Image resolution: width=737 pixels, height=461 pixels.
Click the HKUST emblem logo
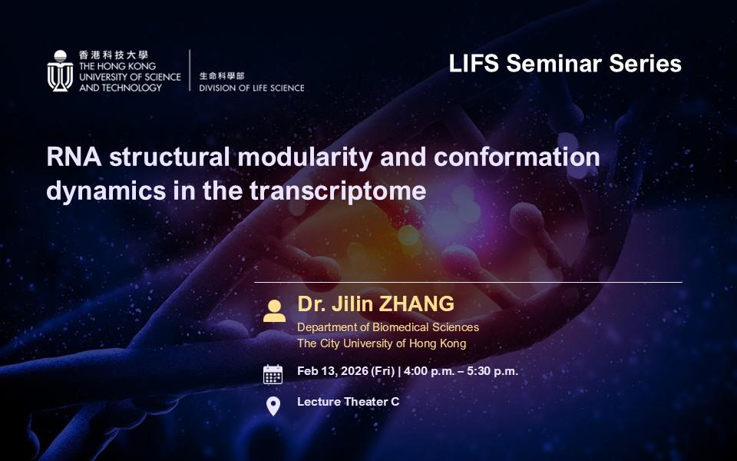pos(60,71)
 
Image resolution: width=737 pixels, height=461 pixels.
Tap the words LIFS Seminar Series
pos(565,63)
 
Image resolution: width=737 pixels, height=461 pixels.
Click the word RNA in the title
pos(74,157)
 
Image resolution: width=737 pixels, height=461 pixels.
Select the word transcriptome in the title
pos(338,191)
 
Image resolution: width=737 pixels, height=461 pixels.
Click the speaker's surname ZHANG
pos(416,304)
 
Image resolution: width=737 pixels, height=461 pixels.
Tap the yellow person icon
pos(274,311)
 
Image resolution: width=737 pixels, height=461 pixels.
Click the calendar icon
pos(273,374)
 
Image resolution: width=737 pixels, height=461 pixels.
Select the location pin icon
pos(273,406)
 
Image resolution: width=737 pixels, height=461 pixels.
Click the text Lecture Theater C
pos(349,402)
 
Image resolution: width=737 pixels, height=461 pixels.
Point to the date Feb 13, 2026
pos(332,371)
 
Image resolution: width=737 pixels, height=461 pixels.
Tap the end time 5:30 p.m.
pos(492,371)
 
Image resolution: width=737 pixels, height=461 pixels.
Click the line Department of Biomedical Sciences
pos(388,327)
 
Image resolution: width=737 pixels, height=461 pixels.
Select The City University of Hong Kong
pos(382,343)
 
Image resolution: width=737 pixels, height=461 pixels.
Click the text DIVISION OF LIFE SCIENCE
pos(252,88)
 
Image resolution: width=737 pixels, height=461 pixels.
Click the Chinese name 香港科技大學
pos(114,55)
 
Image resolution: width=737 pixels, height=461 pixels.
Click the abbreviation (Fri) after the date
pos(382,371)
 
